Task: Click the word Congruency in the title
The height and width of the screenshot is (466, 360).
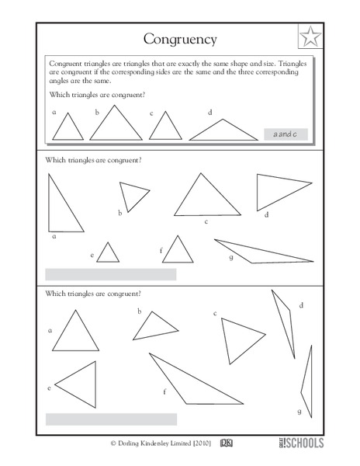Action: point(180,38)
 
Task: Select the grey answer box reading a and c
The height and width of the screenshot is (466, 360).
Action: point(286,134)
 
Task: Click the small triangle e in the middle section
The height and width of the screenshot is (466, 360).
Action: point(107,254)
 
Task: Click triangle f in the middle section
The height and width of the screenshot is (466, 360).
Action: point(178,252)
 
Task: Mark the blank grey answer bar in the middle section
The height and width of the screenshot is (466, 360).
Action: point(111,274)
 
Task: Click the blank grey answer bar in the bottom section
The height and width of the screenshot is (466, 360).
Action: point(111,419)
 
